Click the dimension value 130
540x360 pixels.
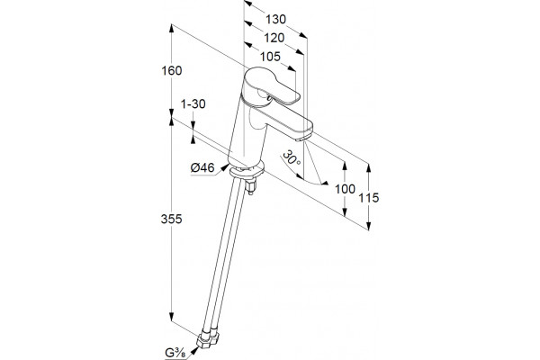(275, 19)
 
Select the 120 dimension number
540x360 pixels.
(274, 38)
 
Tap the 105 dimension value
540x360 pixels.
(270, 57)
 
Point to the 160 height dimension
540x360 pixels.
(172, 70)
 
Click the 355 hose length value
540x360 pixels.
(171, 219)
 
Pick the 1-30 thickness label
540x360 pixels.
(193, 103)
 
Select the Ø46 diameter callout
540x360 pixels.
(202, 167)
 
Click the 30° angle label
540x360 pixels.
(291, 158)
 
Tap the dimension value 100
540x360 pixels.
(345, 189)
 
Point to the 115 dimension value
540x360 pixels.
(368, 198)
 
